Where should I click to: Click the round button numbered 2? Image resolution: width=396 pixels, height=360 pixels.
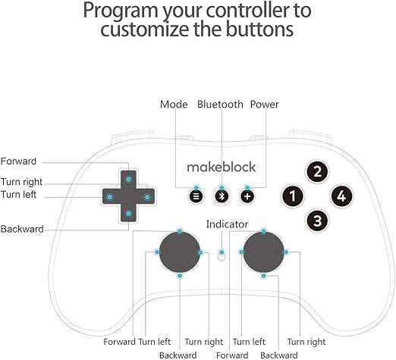coord(317,172)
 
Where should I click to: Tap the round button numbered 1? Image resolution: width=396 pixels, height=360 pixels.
coord(293,196)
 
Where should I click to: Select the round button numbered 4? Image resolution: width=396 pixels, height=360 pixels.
coord(341,196)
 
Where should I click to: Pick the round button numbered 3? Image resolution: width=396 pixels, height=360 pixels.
coord(317,221)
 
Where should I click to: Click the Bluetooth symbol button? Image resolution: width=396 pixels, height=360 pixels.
coord(222,196)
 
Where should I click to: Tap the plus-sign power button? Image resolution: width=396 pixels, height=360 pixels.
coord(247,196)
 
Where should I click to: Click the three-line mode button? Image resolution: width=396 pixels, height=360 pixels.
coord(196,196)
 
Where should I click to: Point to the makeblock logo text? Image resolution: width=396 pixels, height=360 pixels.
coord(222,167)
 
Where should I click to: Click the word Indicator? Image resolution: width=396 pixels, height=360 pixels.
coord(227,224)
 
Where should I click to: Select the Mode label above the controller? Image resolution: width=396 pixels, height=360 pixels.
coord(174,105)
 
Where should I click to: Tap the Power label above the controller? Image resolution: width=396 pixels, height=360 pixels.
coord(264,105)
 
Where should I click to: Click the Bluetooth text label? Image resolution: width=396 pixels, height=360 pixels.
coord(220,105)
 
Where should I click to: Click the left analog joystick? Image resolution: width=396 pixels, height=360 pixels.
coord(180,252)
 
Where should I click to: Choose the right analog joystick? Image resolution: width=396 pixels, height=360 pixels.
coord(263,252)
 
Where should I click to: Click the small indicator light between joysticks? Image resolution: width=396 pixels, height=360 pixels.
coord(222,257)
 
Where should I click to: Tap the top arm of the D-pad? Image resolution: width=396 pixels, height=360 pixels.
coord(128,180)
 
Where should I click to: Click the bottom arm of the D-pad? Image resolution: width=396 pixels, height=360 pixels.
coord(128,214)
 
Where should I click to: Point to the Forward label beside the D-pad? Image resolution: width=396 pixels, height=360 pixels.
coord(18,161)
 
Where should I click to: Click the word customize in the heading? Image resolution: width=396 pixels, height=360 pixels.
coord(144,29)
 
